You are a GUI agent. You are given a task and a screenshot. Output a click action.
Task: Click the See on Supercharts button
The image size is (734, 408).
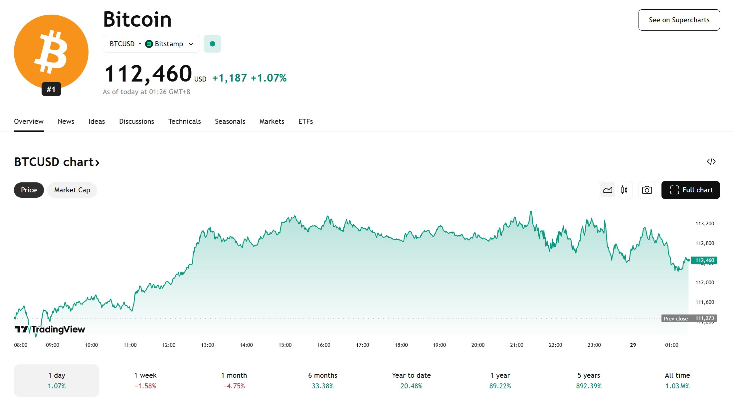tap(679, 20)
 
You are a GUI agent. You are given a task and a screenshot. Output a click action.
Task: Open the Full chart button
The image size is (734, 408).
tap(691, 190)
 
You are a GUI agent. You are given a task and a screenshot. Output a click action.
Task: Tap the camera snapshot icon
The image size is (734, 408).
tap(647, 190)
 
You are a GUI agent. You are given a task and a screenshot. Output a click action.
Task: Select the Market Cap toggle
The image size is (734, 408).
tap(72, 190)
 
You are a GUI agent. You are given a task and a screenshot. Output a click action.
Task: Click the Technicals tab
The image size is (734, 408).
tap(185, 121)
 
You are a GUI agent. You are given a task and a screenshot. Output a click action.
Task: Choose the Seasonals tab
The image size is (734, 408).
tap(230, 121)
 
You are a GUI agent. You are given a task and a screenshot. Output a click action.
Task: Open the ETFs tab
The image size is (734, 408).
tap(306, 121)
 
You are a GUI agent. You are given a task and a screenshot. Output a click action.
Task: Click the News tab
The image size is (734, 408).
tap(66, 121)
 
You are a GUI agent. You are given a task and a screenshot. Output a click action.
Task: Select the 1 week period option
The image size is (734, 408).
tap(145, 380)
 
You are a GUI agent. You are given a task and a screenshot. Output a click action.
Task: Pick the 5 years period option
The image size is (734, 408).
tap(589, 380)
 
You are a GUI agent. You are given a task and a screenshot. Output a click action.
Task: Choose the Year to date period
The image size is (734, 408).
tap(411, 380)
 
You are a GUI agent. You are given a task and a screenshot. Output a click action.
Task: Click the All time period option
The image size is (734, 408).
tap(677, 380)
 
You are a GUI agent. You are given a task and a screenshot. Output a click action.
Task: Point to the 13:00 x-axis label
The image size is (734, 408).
tap(208, 345)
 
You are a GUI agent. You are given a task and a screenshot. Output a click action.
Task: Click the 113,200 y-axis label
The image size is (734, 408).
tap(705, 224)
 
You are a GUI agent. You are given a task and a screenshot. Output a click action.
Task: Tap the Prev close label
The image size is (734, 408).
tap(676, 318)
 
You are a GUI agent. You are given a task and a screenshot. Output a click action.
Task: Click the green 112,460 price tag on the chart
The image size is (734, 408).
tap(704, 260)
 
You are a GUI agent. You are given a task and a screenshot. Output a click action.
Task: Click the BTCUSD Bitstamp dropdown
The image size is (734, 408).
tap(151, 44)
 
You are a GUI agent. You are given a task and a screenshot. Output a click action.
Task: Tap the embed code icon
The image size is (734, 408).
tap(711, 161)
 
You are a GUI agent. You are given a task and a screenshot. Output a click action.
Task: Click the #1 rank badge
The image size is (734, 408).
tap(51, 89)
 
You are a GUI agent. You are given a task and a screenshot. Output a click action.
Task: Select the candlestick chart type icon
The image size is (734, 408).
tap(624, 190)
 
